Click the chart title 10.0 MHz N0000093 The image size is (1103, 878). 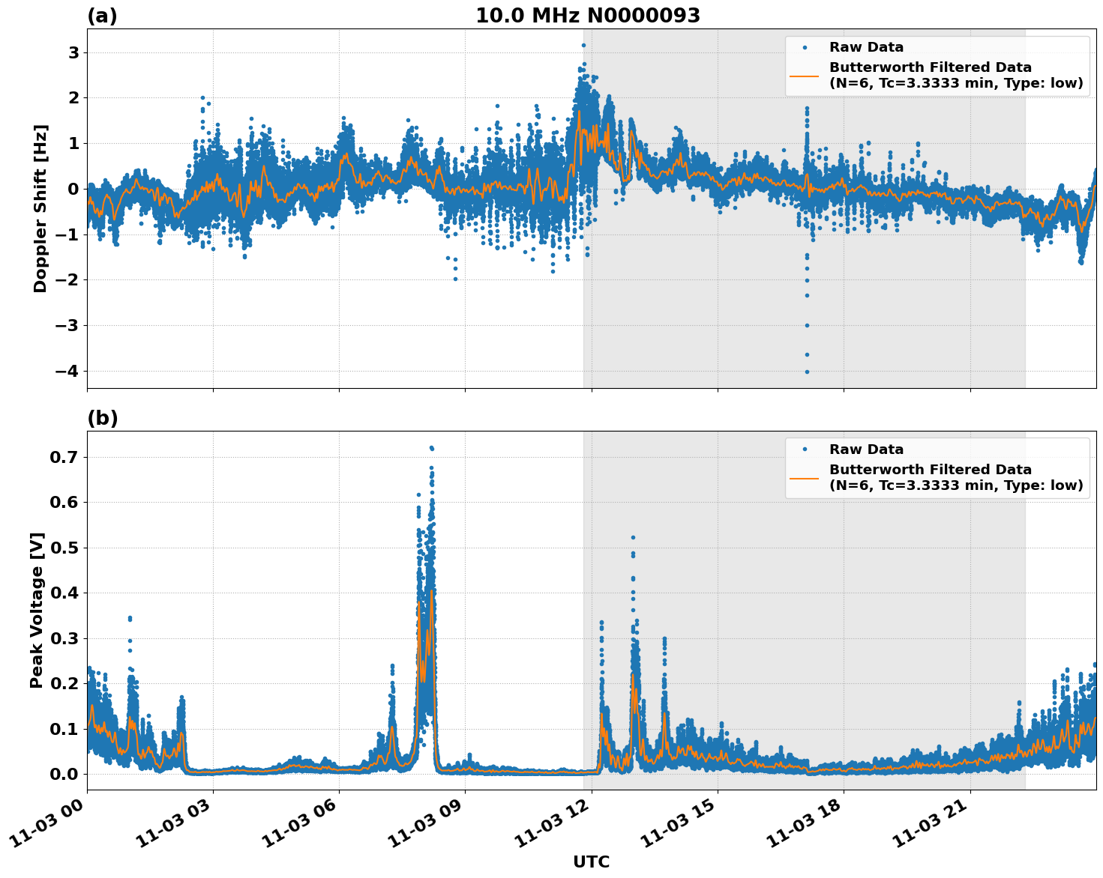pos(588,16)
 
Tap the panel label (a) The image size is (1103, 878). pos(102,16)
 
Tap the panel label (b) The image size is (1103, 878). pos(102,418)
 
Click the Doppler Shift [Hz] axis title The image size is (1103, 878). pos(40,208)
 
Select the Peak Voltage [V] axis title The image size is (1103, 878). pos(37,610)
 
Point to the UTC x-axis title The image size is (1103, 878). pos(591,862)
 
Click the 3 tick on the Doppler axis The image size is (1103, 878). pos(73,52)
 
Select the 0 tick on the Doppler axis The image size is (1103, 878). pos(73,189)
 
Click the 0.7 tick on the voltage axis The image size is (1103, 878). pos(64,457)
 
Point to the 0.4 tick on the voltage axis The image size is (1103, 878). pos(64,593)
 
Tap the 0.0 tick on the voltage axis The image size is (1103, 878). pos(64,774)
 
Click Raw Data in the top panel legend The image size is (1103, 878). pos(866,47)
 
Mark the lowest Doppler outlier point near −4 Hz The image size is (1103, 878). pos(807,372)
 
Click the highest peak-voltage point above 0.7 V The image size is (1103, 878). pos(431,448)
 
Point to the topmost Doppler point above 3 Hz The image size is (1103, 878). pos(583,45)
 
